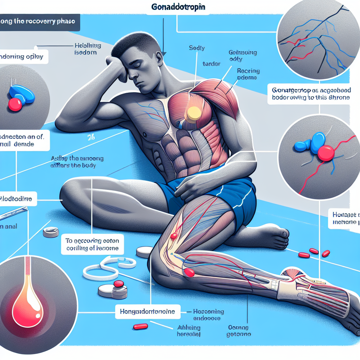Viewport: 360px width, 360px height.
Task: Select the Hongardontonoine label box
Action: click(148, 311)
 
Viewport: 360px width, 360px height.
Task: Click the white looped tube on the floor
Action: click(109, 267)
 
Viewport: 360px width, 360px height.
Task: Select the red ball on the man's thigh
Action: click(173, 236)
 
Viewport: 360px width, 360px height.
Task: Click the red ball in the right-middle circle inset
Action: click(326, 153)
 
